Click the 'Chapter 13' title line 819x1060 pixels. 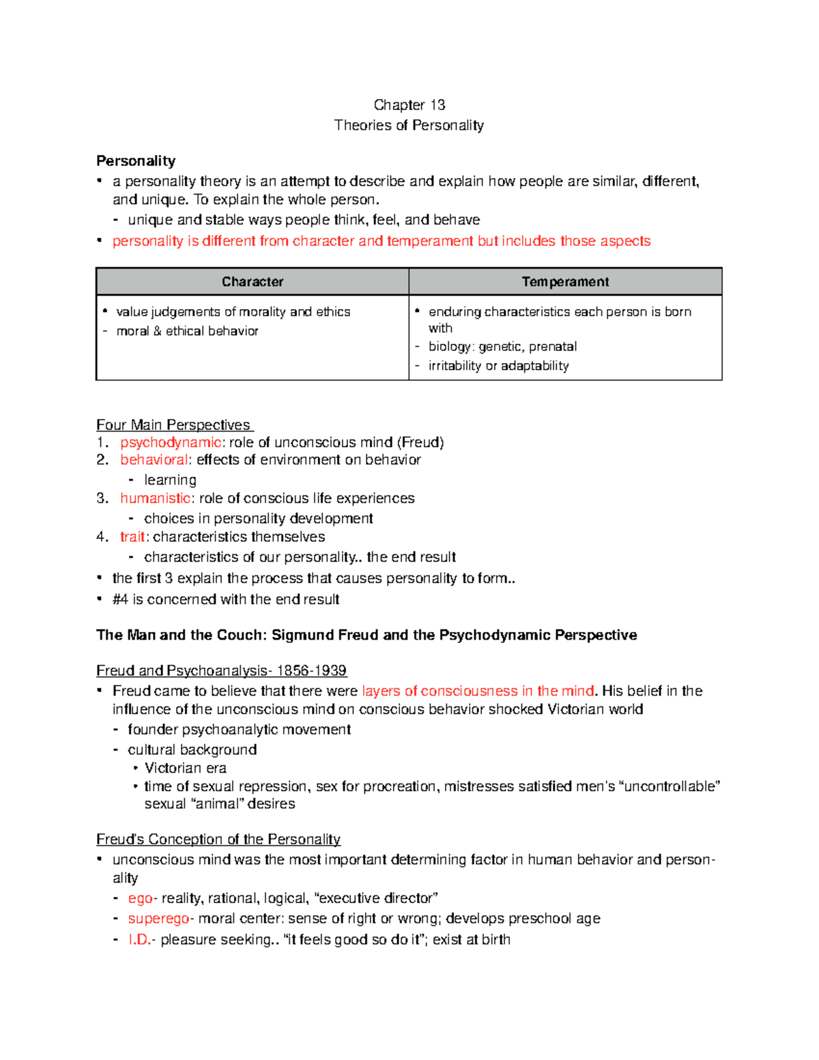409,105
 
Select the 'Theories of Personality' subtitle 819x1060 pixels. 409,126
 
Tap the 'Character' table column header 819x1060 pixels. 253,282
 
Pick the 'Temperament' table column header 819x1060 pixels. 565,282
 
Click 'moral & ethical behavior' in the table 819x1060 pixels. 187,331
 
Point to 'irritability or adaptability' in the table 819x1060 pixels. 498,366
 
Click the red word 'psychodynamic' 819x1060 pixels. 171,442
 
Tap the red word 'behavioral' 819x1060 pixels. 154,460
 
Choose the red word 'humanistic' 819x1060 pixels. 156,498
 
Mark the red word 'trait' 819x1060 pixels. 132,537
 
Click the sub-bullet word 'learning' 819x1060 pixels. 170,480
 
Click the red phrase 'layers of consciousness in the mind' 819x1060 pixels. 478,691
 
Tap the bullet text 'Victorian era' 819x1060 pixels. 185,768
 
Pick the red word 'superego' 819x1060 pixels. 158,919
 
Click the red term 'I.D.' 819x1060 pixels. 139,940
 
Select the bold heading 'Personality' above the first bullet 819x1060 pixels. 136,161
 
